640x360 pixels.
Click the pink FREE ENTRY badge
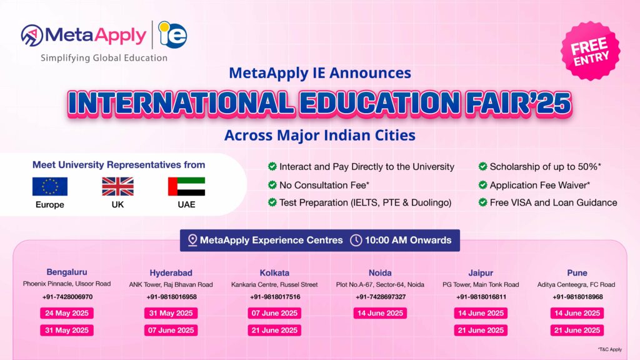[589, 53]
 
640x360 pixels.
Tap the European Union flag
[50, 186]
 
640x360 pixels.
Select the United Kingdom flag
[118, 186]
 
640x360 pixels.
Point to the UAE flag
[186, 186]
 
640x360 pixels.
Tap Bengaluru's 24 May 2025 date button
[66, 313]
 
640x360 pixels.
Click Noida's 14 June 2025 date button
[380, 313]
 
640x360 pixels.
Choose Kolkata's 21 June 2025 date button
[274, 330]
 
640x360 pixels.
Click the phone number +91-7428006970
[67, 297]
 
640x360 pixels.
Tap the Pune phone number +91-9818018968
[577, 297]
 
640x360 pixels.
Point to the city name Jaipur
[481, 272]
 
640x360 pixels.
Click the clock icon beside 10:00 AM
[356, 240]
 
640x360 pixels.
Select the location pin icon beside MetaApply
[191, 240]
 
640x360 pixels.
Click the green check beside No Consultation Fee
[272, 185]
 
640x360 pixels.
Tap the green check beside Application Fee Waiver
[483, 185]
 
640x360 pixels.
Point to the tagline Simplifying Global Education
[104, 58]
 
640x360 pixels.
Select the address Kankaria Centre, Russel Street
[274, 284]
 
